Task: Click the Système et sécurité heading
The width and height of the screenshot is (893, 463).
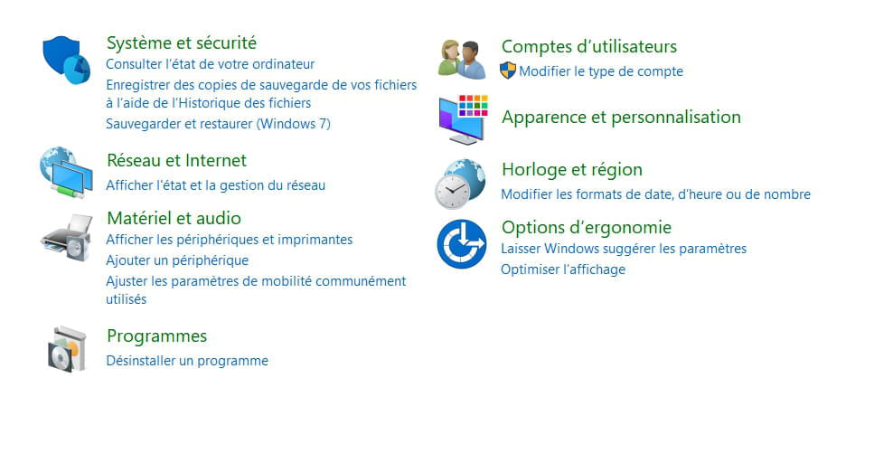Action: [181, 43]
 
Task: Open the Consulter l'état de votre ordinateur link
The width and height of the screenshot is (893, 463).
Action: [211, 64]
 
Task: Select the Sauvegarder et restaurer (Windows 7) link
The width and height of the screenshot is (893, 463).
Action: [218, 124]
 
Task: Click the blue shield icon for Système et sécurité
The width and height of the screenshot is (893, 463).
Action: [66, 60]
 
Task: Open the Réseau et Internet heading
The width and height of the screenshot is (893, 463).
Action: [176, 161]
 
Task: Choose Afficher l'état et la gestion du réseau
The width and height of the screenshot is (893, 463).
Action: [215, 185]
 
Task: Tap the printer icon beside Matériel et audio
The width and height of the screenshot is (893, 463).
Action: [67, 238]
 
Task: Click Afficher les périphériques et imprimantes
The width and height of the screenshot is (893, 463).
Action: [229, 240]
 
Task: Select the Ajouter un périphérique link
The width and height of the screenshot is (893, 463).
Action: [177, 260]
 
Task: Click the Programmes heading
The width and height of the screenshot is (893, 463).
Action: [156, 336]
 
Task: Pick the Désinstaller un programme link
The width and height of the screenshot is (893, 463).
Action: [187, 361]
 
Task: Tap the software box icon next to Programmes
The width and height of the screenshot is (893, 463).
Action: [67, 349]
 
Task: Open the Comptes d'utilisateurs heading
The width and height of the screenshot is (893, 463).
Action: [589, 46]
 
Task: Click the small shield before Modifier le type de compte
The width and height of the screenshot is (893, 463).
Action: [507, 71]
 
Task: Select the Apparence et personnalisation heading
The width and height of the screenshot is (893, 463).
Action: [621, 118]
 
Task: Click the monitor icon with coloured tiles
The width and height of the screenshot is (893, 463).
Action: [463, 119]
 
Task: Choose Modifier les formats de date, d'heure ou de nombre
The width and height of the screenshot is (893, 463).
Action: [655, 194]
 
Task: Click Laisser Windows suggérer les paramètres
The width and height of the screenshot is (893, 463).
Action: [624, 249]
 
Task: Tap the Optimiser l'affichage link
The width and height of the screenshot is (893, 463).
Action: [563, 269]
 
